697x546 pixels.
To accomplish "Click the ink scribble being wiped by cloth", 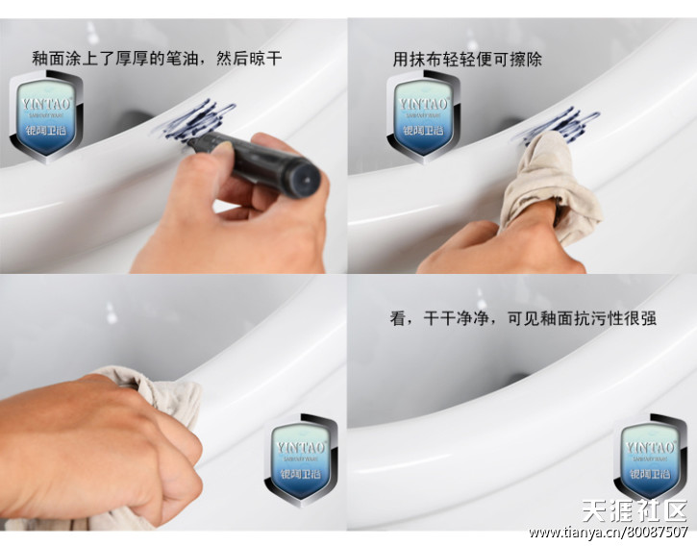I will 562,122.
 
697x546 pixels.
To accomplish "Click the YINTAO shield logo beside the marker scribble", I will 46,115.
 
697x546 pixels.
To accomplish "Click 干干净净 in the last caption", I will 458,318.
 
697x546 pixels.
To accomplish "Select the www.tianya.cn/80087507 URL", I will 608,533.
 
